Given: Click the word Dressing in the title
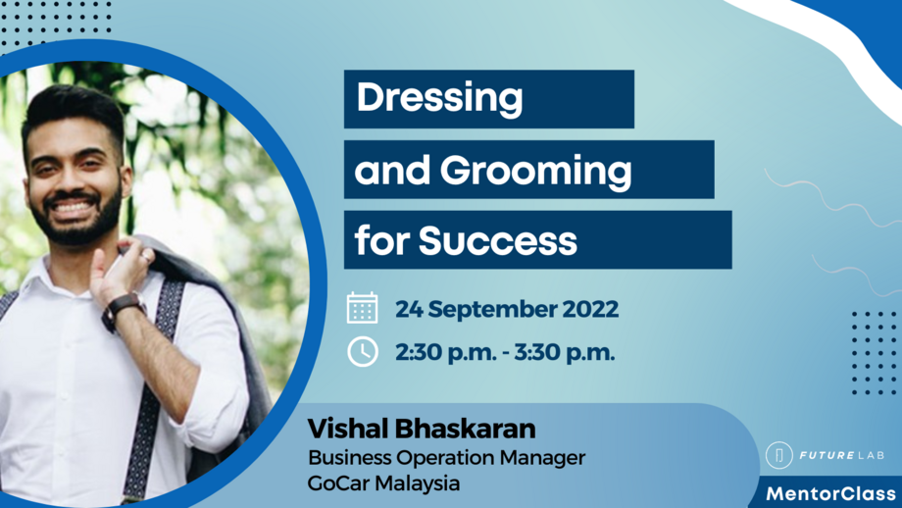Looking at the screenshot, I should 438,99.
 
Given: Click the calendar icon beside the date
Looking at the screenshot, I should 362,308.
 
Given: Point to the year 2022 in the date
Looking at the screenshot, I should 590,310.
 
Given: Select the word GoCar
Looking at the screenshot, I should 334,483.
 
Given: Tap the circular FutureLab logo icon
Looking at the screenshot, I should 779,456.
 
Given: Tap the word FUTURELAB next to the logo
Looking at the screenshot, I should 840,456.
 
